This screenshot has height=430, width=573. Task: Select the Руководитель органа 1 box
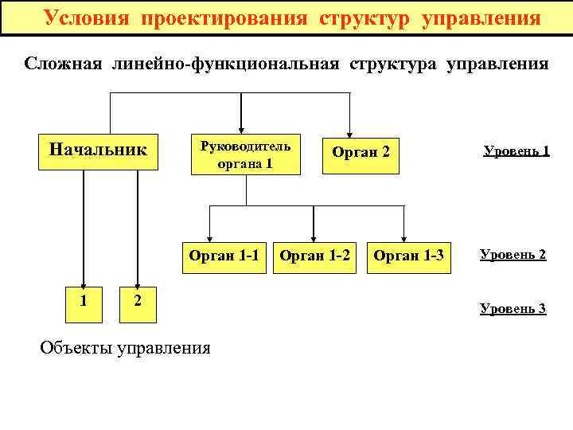245,154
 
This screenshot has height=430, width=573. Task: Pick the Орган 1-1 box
224,256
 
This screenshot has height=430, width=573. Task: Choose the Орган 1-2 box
315,256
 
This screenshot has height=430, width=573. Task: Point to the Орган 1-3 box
408,256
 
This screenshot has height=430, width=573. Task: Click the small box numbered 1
84,301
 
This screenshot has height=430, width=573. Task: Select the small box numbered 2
138,301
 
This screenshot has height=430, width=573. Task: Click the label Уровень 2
513,255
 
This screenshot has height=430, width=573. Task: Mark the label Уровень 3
513,308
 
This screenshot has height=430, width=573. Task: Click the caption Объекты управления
125,347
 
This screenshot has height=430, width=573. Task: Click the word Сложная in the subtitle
63,64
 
